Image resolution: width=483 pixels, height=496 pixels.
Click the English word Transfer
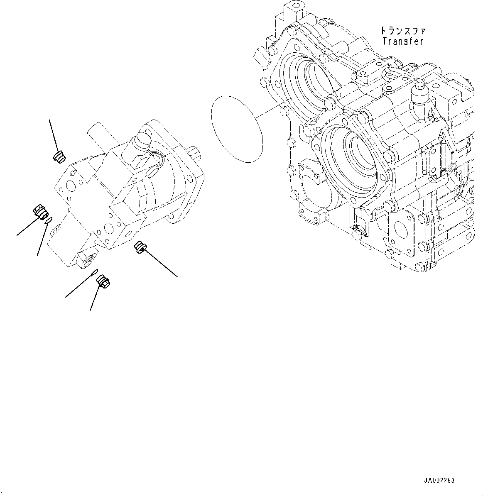point(402,41)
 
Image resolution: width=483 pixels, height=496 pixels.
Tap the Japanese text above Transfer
point(402,31)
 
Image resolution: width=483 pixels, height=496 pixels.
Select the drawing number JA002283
point(439,480)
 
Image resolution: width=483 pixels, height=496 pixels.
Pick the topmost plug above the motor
point(59,157)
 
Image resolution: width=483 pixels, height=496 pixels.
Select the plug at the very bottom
point(103,282)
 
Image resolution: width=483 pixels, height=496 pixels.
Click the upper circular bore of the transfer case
point(309,83)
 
